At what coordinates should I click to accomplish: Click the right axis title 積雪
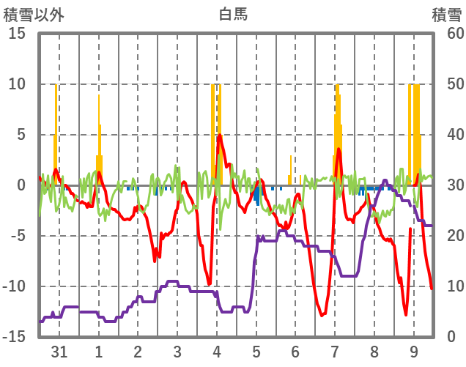coord(446,13)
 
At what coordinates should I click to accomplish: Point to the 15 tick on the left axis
coord(18,34)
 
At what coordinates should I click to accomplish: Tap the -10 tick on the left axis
coord(15,286)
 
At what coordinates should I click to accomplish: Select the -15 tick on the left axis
coord(15,337)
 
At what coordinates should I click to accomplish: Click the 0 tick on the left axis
coord(21,185)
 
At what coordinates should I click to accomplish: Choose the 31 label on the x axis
coord(59,352)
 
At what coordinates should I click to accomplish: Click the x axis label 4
coord(216,352)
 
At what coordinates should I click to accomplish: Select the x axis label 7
coord(335,352)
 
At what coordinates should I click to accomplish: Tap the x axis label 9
coord(414,352)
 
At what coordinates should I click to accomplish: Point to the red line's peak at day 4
coord(219,136)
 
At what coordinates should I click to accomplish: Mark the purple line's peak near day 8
coord(385,180)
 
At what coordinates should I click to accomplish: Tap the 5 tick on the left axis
coord(21,135)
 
